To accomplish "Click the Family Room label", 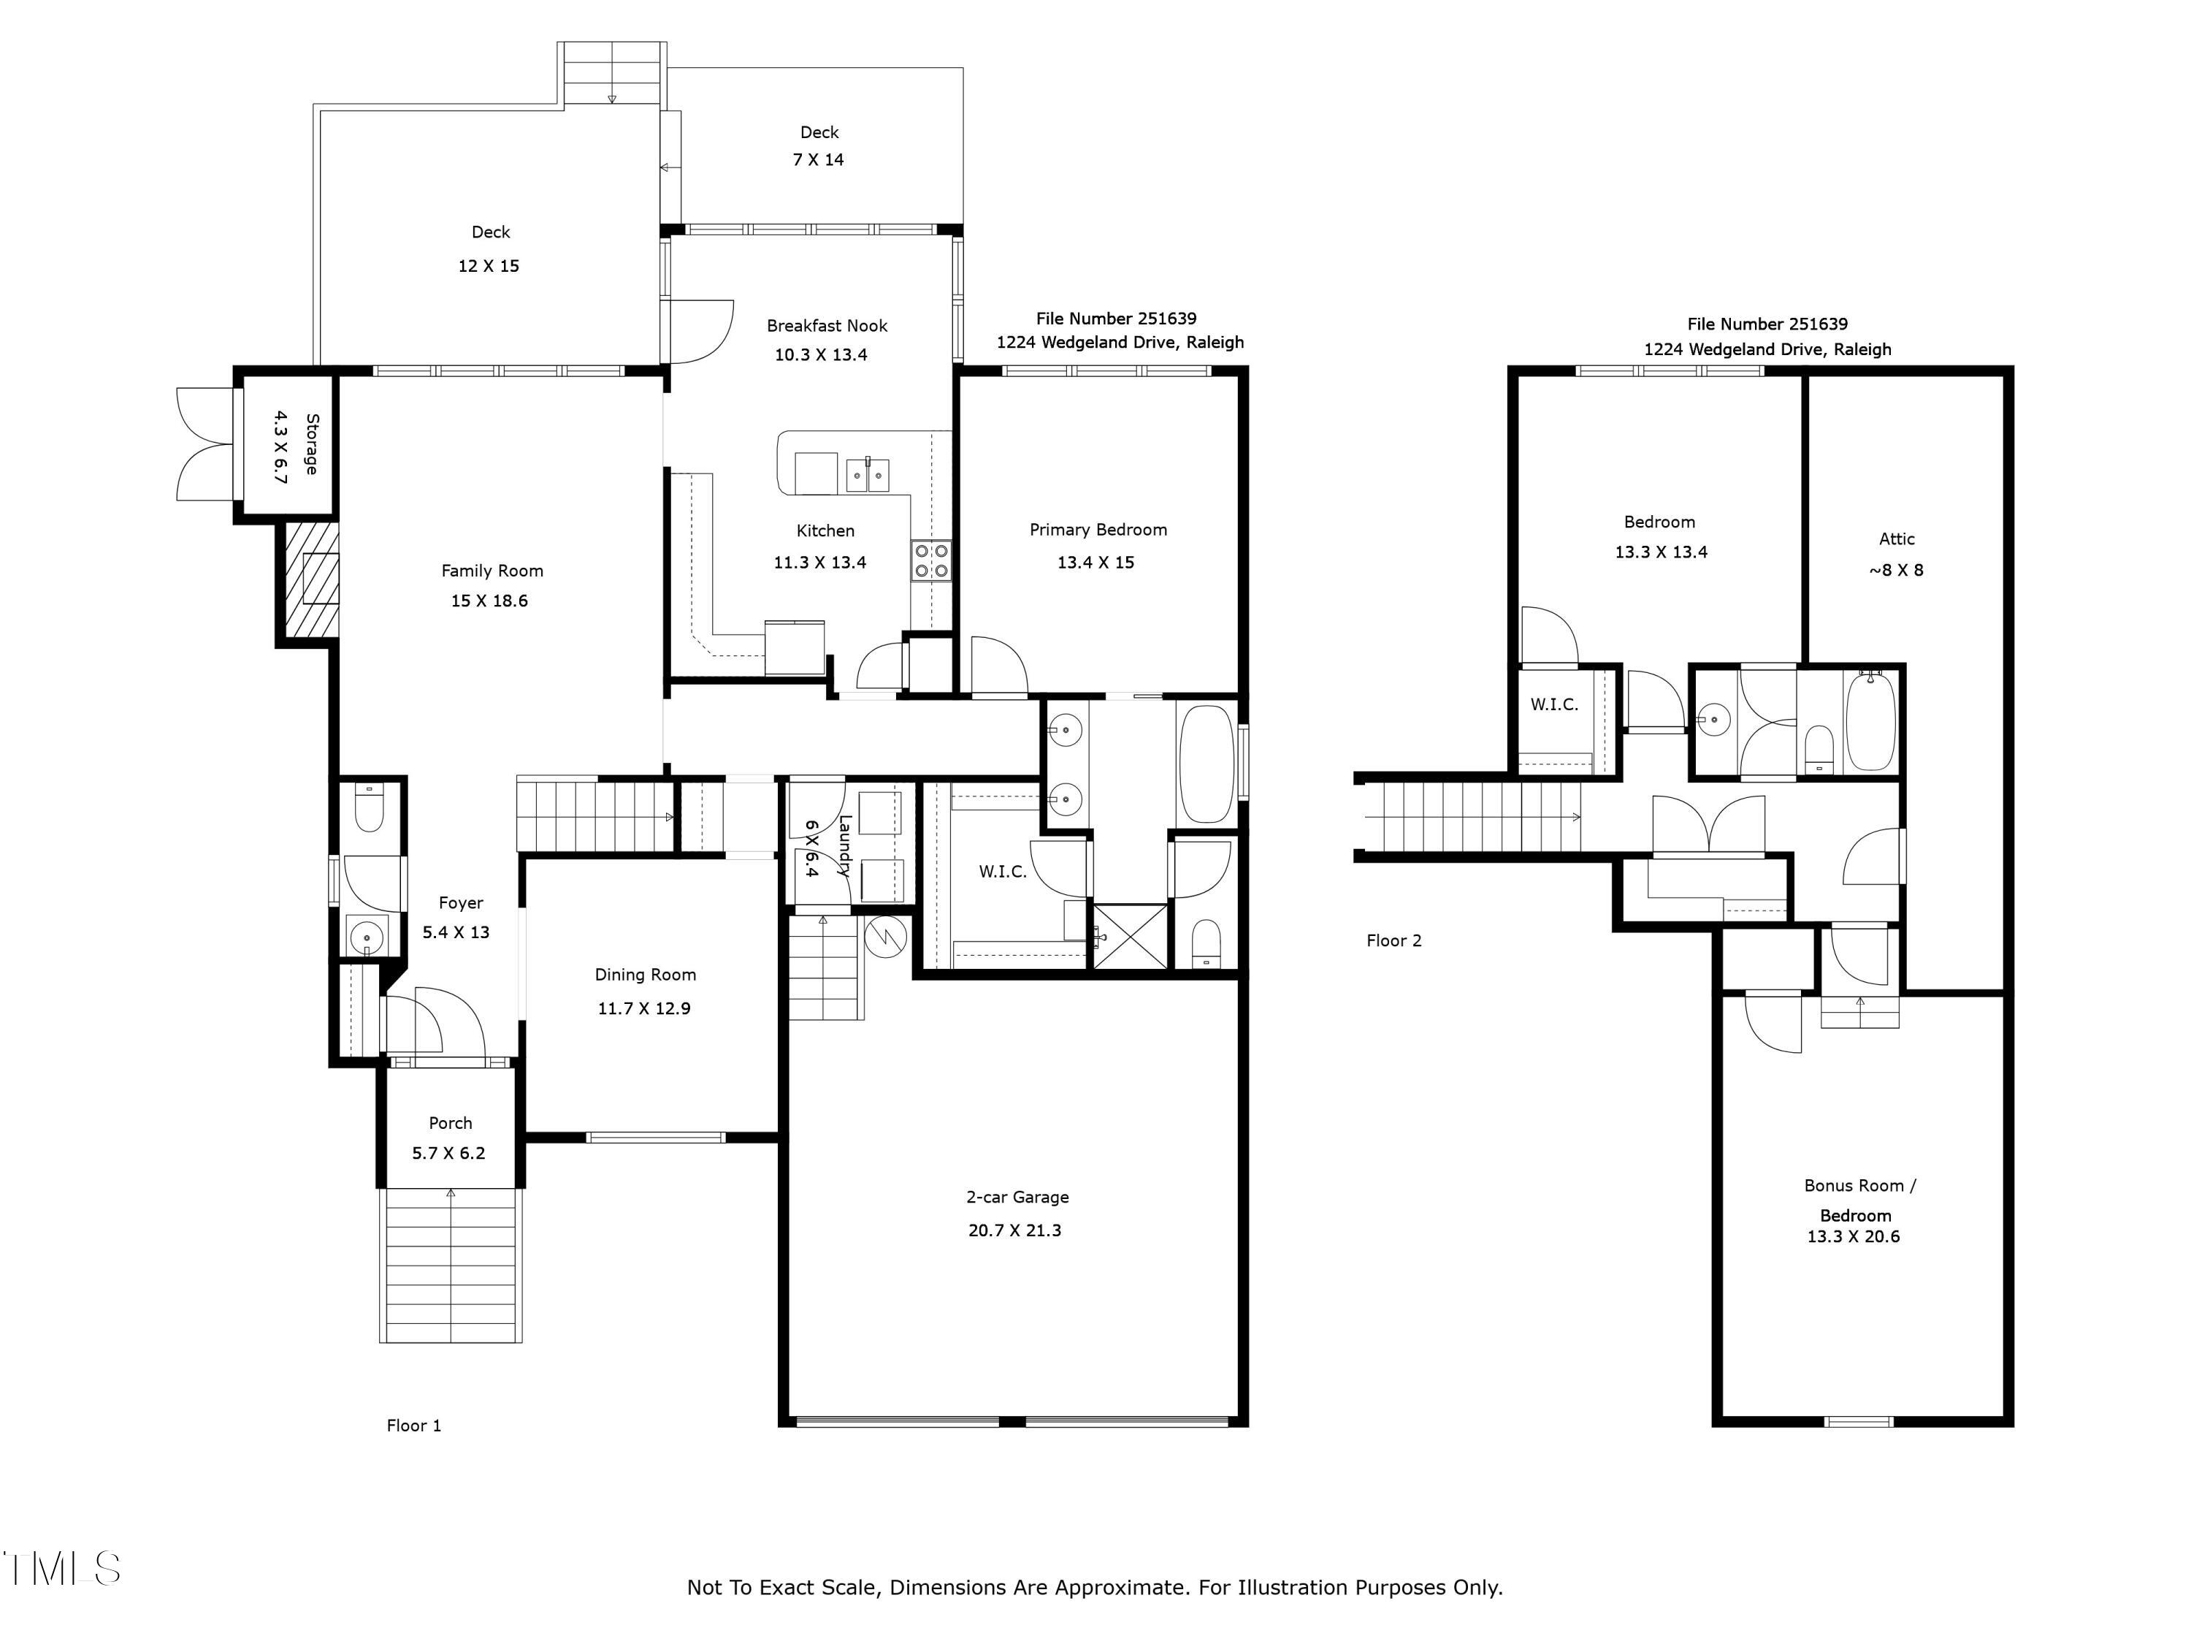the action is [x=492, y=571].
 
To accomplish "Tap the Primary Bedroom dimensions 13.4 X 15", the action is [x=1095, y=563].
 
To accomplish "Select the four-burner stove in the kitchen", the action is [x=931, y=560].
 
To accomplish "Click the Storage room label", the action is [x=311, y=444].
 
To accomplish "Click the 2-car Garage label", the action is [x=1017, y=1197].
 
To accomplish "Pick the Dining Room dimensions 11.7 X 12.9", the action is [x=644, y=1009].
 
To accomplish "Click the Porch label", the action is [x=451, y=1123].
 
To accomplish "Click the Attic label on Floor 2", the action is [x=1897, y=539].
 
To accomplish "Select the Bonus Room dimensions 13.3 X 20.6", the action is [x=1854, y=1237].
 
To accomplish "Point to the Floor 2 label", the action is [x=1393, y=940].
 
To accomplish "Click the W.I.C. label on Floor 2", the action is [x=1554, y=704].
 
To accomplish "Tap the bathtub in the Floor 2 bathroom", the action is [x=1871, y=721].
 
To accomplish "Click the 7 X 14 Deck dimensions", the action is [x=818, y=159].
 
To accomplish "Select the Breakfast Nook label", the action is [x=827, y=325].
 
